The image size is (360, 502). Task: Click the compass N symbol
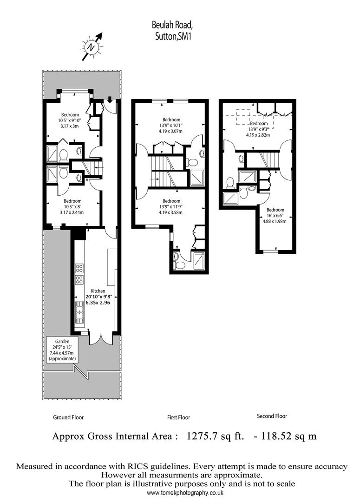pos(92,47)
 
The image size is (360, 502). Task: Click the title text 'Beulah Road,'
pos(172,25)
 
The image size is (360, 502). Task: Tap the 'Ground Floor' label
pos(68,417)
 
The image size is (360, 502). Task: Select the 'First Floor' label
pos(178,417)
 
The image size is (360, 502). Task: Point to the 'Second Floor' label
pos(272,416)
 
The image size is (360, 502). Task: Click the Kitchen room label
pos(98,291)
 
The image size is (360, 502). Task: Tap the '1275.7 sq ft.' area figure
pos(216,436)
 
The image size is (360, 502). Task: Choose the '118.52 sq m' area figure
pos(289,436)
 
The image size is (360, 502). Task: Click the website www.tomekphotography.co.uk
pos(185,493)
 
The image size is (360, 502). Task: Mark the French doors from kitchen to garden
pos(101,339)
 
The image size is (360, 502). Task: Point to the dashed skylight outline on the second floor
pos(255,119)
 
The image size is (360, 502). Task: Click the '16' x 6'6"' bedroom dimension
pos(275,216)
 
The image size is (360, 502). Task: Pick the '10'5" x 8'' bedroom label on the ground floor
pos(72,206)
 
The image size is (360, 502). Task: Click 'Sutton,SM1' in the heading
pos(173,37)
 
